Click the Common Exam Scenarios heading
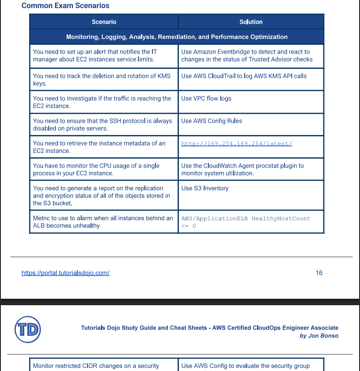click(65, 6)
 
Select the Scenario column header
click(104, 22)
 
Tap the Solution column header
click(251, 22)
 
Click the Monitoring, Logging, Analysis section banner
click(177, 37)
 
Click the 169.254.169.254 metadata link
click(237, 144)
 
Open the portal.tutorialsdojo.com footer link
click(65, 273)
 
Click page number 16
click(319, 273)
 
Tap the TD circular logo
click(28, 329)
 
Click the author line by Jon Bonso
click(319, 336)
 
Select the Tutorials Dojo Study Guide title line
click(210, 328)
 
